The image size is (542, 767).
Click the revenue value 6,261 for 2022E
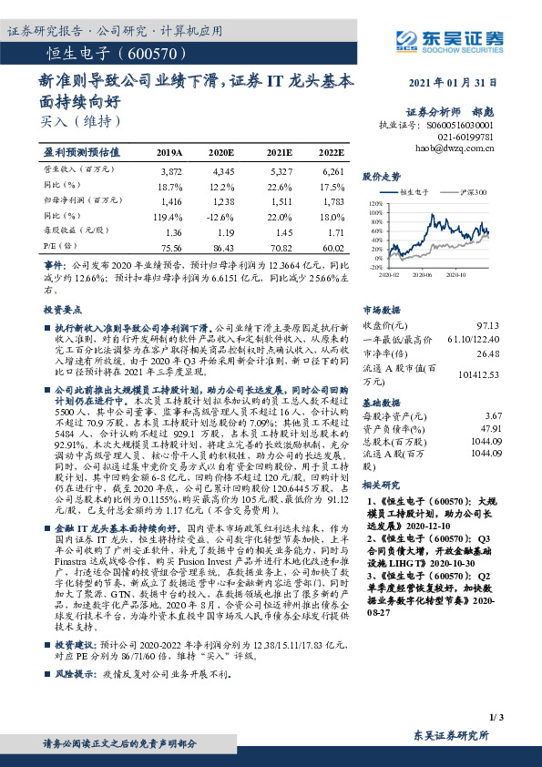click(x=332, y=171)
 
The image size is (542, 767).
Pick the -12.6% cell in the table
click(x=221, y=215)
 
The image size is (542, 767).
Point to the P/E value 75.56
click(x=171, y=246)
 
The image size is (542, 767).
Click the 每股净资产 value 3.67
click(x=493, y=415)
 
